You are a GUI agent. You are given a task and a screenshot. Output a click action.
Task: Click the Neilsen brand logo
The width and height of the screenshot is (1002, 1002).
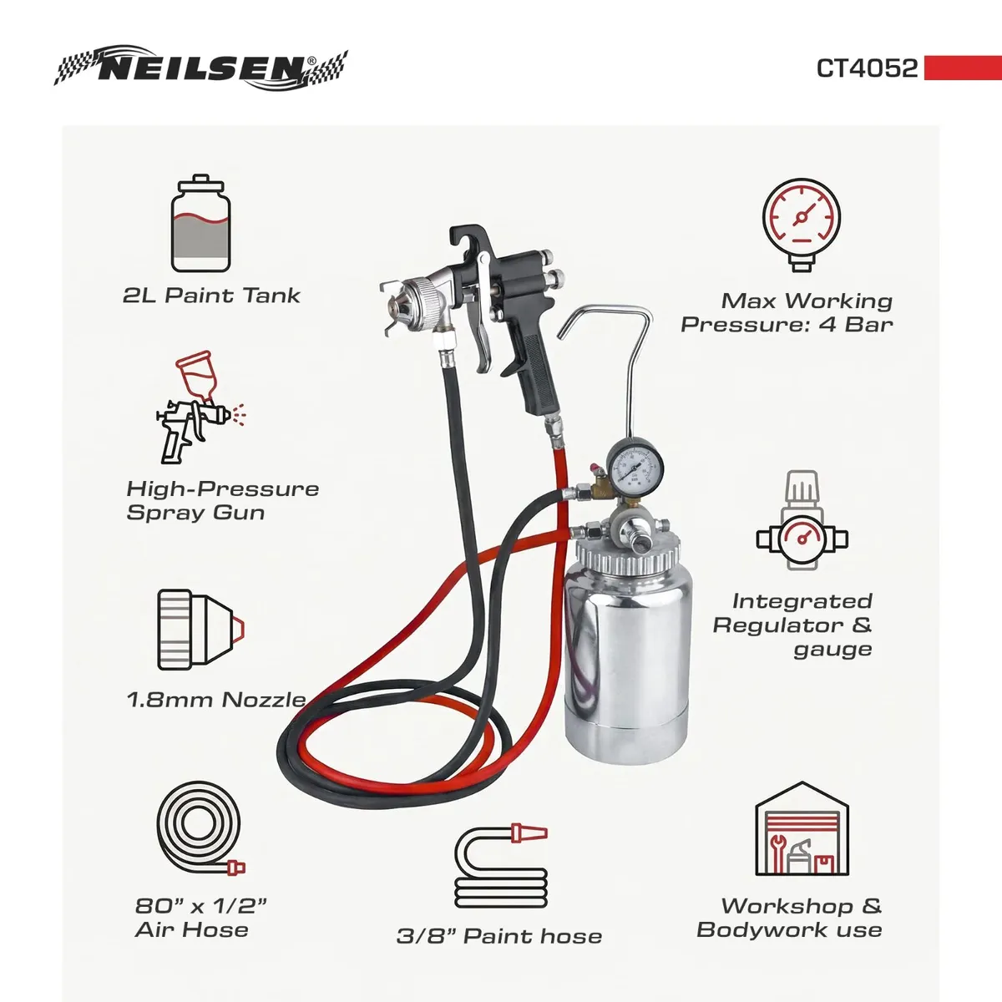click(200, 68)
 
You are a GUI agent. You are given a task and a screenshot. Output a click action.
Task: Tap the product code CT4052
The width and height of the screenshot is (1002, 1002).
click(867, 68)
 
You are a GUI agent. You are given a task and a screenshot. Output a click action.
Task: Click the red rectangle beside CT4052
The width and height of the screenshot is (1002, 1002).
click(962, 68)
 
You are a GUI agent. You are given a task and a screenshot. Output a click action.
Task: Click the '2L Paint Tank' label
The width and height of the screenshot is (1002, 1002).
click(211, 295)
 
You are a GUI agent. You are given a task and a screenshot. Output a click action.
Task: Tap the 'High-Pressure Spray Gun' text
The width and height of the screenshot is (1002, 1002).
click(222, 500)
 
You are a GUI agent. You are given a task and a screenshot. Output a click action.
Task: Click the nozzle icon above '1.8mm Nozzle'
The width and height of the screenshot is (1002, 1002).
click(200, 629)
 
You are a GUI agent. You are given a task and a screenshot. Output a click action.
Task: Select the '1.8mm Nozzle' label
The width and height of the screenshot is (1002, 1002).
click(215, 699)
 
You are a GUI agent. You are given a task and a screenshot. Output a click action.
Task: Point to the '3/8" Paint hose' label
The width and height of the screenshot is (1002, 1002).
click(498, 936)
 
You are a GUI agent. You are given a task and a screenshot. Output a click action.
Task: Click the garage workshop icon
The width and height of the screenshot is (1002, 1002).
click(801, 830)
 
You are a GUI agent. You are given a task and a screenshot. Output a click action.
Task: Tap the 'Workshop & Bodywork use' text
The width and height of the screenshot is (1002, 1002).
click(789, 918)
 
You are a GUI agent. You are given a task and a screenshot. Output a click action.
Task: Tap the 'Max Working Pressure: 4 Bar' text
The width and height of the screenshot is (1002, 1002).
click(787, 312)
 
